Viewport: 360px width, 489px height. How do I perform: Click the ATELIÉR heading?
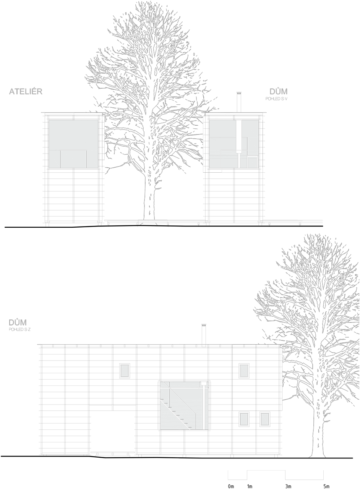pos(26,91)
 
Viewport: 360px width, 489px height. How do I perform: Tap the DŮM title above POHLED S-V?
pos(278,91)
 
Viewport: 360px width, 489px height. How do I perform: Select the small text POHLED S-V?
pos(276,99)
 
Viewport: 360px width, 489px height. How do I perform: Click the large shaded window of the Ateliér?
pos(73,144)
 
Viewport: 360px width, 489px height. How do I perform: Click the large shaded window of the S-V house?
pos(234,144)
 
